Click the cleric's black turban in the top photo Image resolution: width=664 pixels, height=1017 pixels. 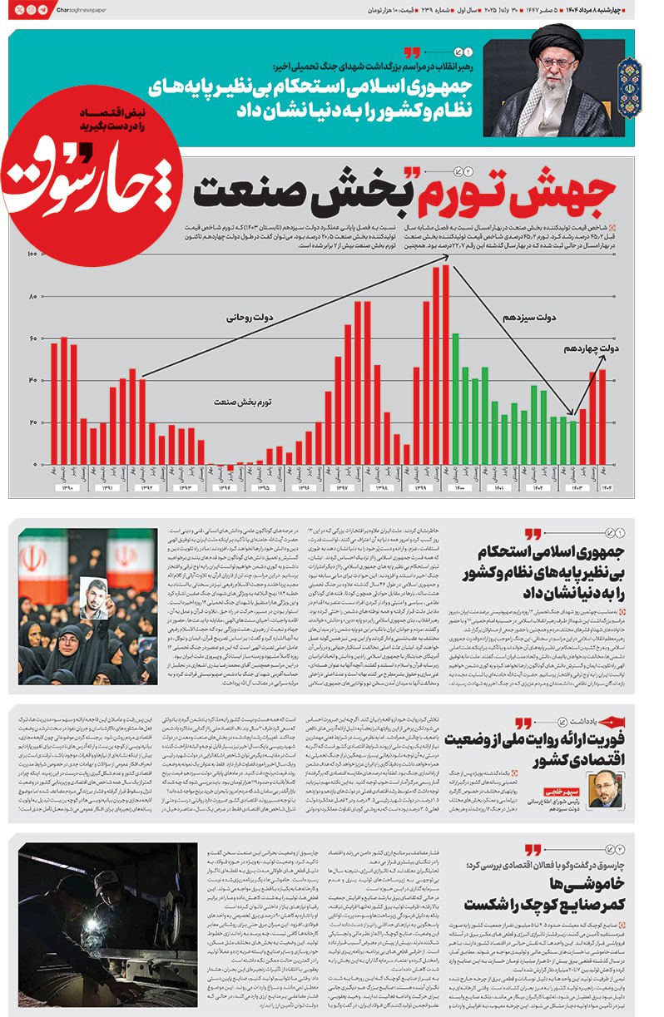pyautogui.click(x=556, y=39)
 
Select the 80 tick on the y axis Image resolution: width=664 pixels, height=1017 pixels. pyautogui.click(x=32, y=296)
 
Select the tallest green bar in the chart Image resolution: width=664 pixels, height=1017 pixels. pyautogui.click(x=455, y=398)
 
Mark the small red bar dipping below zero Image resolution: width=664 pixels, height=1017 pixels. pyautogui.click(x=230, y=467)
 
